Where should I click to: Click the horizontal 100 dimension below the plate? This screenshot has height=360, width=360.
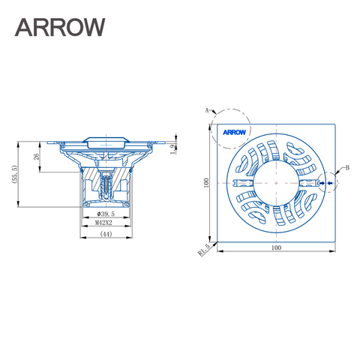(x=276, y=247)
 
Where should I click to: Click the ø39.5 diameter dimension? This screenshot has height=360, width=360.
(x=104, y=214)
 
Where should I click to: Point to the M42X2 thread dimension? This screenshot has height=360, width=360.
(x=104, y=223)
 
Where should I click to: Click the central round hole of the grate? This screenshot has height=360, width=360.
(x=276, y=182)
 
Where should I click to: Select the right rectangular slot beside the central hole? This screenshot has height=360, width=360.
(x=307, y=181)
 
